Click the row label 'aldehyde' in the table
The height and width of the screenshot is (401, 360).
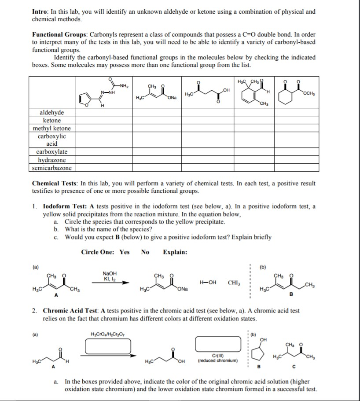[52, 113]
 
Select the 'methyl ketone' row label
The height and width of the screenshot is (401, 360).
[52, 128]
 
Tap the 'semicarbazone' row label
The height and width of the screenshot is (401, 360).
[52, 168]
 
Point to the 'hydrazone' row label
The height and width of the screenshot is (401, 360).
[52, 160]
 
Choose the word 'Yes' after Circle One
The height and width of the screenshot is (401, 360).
[125, 252]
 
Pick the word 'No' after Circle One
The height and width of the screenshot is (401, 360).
[145, 252]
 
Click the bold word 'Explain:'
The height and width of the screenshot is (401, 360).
[175, 252]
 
